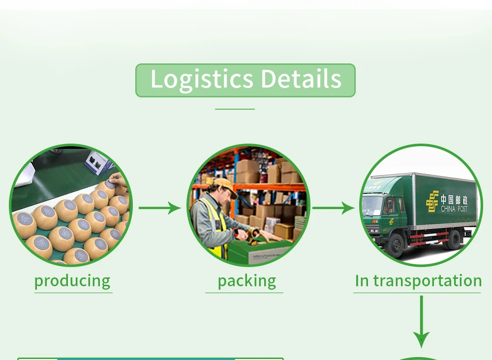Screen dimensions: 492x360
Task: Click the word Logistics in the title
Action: pos(202,80)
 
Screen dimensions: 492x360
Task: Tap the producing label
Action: pos(72,281)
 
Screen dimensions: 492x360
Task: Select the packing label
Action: pos(246,281)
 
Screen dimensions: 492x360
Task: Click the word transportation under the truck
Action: pos(428,281)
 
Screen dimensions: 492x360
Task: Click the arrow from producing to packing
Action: pos(159,208)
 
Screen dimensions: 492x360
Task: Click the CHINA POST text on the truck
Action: pos(454,209)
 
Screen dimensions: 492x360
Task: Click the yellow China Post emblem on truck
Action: pos(432,202)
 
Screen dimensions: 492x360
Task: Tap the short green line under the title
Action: pos(235,109)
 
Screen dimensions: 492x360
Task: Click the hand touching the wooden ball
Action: pos(115,179)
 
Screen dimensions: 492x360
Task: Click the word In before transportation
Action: pos(362,281)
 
